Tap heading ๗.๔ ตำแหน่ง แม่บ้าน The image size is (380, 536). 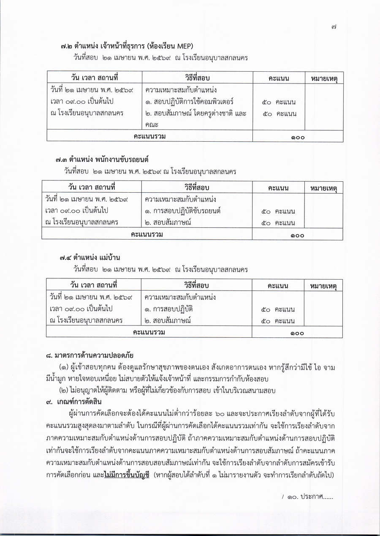(93, 257)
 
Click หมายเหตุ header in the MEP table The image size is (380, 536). (324, 78)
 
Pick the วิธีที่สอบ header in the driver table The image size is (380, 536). (197, 187)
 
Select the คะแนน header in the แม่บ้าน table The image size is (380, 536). (278, 286)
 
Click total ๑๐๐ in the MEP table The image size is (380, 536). (297, 137)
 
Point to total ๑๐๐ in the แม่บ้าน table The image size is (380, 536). (297, 333)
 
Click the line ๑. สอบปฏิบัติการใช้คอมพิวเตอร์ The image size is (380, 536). (189, 102)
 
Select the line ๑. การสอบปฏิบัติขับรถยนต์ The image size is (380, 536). (183, 211)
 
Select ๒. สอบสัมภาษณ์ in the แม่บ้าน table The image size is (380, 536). (168, 321)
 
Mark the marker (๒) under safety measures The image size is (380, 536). (65, 391)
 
